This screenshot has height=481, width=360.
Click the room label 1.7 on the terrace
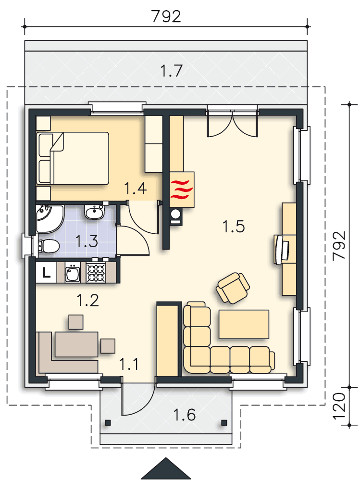[x=172, y=71]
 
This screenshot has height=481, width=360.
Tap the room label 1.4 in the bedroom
[x=135, y=188]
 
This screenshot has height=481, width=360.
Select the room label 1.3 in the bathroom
[x=87, y=241]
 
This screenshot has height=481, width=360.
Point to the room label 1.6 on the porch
[x=184, y=415]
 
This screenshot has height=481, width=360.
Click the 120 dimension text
[x=339, y=406]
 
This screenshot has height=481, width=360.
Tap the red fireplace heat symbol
[x=182, y=190]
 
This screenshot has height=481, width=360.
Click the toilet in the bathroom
[x=48, y=246]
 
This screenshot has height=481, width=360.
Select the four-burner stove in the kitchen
[x=96, y=272]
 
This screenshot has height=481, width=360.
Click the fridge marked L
[x=46, y=272]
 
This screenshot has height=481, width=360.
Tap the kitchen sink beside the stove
[x=73, y=273]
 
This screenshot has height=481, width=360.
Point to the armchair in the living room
[x=233, y=288]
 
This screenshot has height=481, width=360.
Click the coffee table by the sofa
[x=244, y=324]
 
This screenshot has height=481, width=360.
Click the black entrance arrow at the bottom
[x=166, y=468]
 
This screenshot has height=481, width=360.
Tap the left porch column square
[x=108, y=423]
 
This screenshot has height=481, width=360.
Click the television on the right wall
[x=281, y=249]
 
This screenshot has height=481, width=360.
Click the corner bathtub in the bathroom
[x=49, y=218]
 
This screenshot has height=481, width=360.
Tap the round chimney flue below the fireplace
[x=175, y=214]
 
